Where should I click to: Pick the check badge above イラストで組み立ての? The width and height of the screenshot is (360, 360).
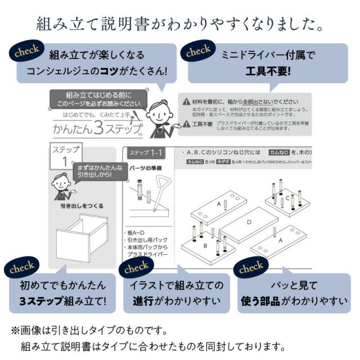tap(137, 268)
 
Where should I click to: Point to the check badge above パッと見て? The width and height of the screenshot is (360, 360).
tap(251, 268)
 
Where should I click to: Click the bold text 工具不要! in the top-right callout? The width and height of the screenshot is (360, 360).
tap(268, 71)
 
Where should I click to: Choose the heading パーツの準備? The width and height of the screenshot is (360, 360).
tap(145, 168)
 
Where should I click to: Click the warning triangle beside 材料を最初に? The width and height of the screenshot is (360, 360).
tap(186, 101)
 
